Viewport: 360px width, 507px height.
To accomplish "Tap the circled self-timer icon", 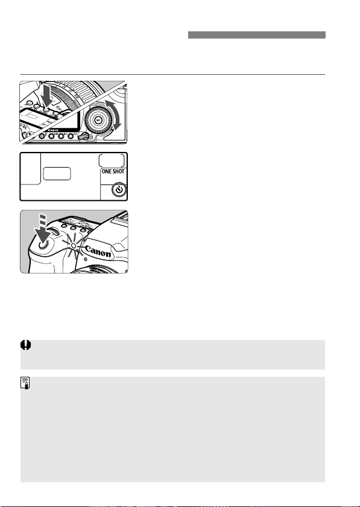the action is coord(119,191).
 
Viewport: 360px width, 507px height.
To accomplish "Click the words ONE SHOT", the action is coord(113,172).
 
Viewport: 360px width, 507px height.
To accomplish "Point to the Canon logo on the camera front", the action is coord(99,251).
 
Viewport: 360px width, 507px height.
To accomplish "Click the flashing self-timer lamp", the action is coord(74,246).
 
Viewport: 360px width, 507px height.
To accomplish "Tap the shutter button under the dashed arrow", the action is coord(43,245).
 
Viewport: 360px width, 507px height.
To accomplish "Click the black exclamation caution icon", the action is coord(25,345).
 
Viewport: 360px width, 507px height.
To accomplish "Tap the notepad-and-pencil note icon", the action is coord(25,383).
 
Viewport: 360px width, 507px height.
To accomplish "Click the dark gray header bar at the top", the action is coord(256,35).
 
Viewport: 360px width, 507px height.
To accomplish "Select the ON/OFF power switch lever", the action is coord(83,136).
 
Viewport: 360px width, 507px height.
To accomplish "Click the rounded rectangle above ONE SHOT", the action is coord(112,161).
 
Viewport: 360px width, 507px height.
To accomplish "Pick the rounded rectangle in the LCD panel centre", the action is coord(57,174).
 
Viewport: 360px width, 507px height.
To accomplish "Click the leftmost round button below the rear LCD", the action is coord(42,136).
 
